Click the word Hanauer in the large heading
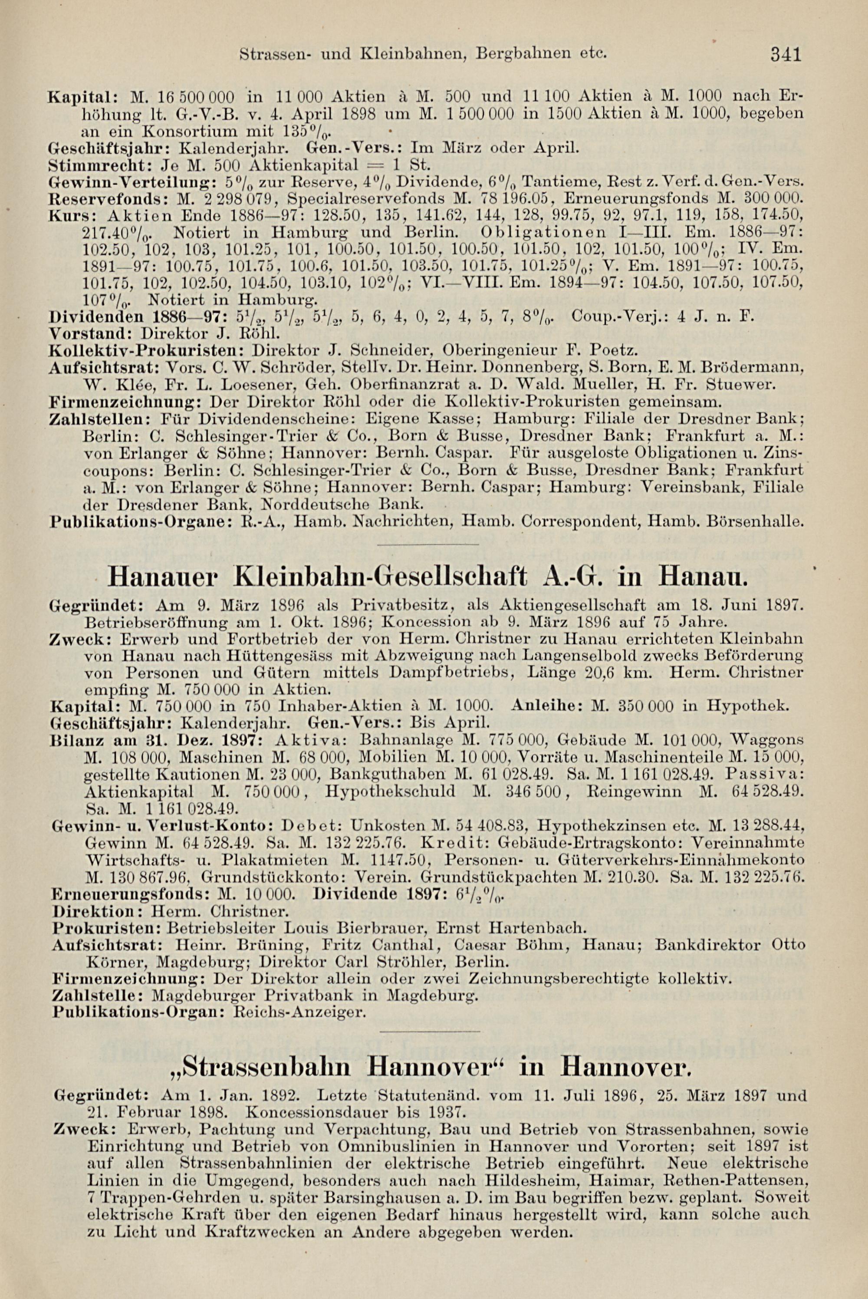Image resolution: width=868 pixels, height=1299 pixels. pyautogui.click(x=165, y=577)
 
